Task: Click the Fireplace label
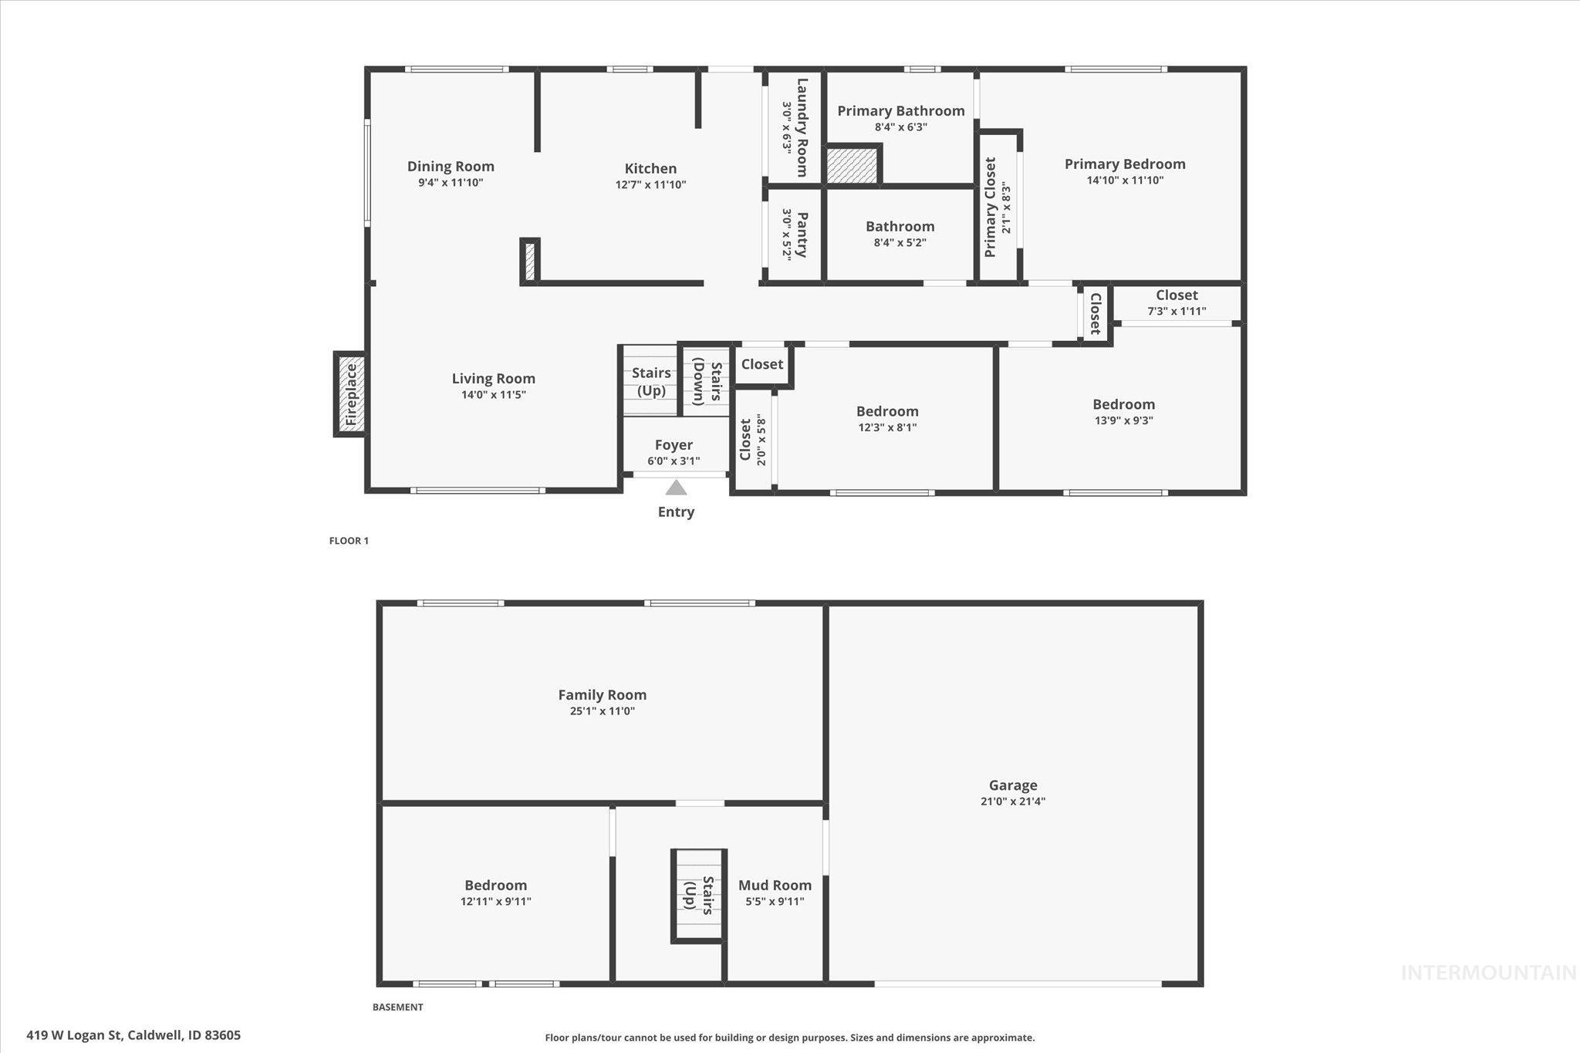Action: (x=351, y=394)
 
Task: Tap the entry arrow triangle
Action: (x=676, y=488)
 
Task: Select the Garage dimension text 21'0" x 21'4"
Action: (x=1012, y=802)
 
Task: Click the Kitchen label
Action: (x=650, y=168)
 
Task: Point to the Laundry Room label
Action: (x=802, y=127)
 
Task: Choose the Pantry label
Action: (x=802, y=235)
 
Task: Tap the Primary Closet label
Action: (x=991, y=207)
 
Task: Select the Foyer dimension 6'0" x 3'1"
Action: (x=674, y=461)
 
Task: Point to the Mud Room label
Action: (x=775, y=885)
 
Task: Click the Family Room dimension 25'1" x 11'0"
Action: (x=602, y=711)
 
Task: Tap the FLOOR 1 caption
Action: (x=349, y=541)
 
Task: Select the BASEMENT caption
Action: (x=397, y=1007)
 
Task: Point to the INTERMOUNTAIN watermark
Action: (x=1487, y=974)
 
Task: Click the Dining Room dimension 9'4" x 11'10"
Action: (x=451, y=183)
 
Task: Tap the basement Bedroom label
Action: (x=495, y=885)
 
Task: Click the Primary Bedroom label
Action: (x=1124, y=164)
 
